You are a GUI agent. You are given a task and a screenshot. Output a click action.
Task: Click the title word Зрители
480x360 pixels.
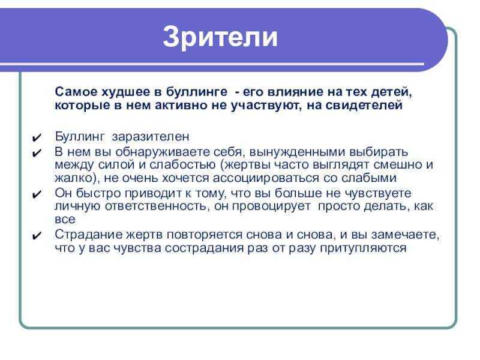click(x=220, y=37)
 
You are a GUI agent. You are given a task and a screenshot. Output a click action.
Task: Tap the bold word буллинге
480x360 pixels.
click(x=197, y=92)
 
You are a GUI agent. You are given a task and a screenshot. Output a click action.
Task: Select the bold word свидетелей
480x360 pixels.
click(x=364, y=105)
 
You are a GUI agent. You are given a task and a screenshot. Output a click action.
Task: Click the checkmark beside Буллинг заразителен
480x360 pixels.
click(x=37, y=138)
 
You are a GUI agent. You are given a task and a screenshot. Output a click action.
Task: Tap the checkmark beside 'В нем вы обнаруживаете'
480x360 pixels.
click(x=37, y=153)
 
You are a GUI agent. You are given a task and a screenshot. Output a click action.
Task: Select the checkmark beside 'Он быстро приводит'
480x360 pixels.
click(x=37, y=194)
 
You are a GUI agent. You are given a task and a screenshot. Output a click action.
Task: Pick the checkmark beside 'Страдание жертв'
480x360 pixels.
click(x=37, y=235)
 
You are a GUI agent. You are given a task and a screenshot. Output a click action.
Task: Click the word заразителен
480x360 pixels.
click(x=151, y=137)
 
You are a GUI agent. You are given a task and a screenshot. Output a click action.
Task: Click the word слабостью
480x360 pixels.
click(x=182, y=164)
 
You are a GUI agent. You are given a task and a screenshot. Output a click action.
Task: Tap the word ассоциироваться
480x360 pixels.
click(x=266, y=178)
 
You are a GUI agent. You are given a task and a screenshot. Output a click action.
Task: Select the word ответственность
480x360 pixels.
click(x=155, y=206)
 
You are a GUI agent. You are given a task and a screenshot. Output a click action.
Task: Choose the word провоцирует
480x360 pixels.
click(x=272, y=206)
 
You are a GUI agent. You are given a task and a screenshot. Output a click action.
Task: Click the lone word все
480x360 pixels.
click(x=65, y=220)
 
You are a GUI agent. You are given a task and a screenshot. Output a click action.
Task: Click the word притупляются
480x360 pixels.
click(x=364, y=248)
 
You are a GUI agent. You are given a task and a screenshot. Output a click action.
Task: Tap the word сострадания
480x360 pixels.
click(x=206, y=248)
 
